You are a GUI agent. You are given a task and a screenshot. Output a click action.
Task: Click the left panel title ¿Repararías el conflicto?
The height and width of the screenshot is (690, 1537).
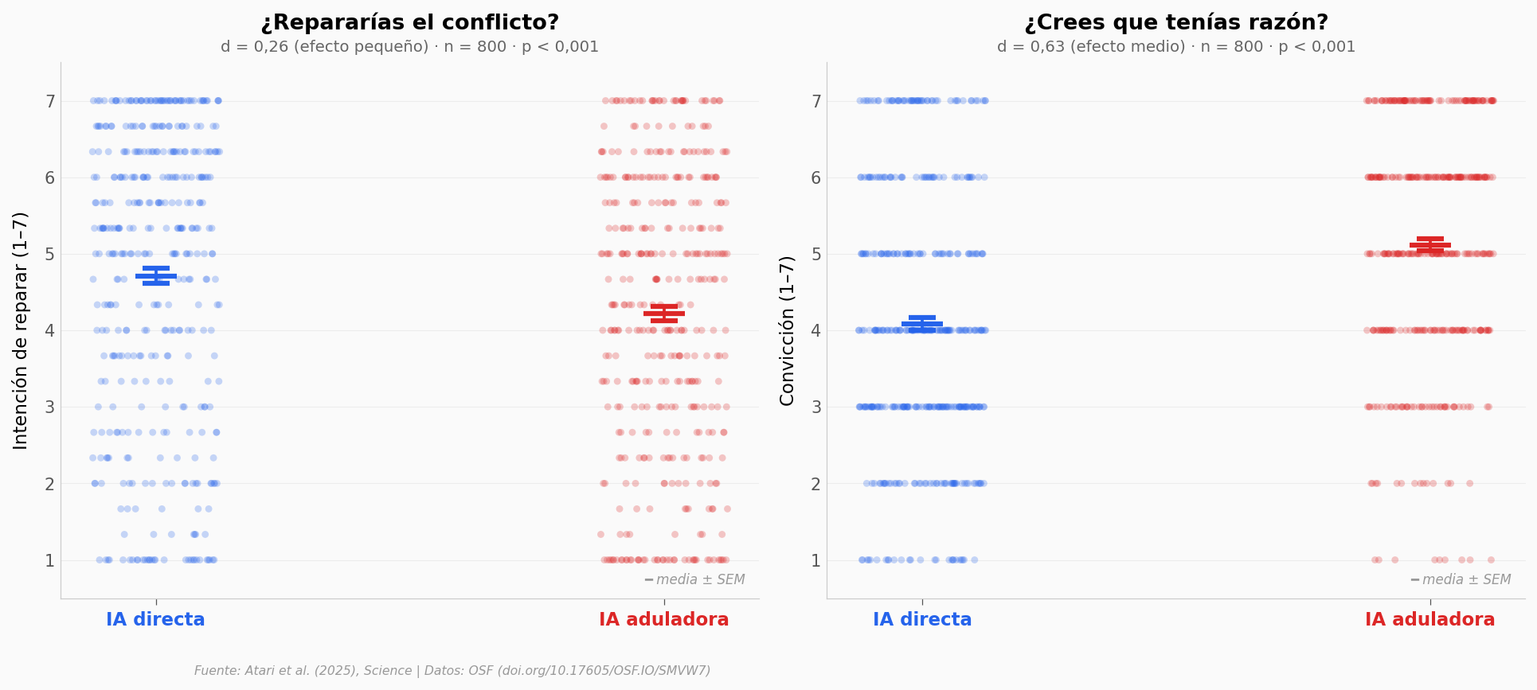tap(409, 23)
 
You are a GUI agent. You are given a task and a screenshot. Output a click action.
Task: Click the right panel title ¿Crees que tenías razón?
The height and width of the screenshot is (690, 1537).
tap(1175, 23)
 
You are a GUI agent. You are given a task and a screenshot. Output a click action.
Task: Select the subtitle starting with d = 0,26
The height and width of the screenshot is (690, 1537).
tap(409, 47)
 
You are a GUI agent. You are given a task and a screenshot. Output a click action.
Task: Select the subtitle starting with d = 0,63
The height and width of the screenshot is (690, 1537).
tap(1175, 47)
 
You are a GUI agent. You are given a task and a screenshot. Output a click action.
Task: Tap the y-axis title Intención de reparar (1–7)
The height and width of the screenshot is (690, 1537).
tap(22, 330)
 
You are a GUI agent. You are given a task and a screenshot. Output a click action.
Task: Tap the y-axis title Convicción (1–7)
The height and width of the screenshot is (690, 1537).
tap(788, 330)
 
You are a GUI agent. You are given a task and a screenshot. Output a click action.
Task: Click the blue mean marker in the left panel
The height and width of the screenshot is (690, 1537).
tap(156, 275)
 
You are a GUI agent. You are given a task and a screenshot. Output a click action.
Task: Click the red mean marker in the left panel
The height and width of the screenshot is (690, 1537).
tap(664, 313)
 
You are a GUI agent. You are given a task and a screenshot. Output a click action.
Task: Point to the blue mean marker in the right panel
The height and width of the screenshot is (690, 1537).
tap(922, 324)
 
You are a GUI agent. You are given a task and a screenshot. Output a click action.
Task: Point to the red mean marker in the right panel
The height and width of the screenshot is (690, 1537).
tap(1430, 244)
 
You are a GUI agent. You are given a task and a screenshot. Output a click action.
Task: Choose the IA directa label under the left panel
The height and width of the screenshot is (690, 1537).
tap(155, 620)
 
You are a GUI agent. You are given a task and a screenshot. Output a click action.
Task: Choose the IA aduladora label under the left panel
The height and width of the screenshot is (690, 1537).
tap(663, 620)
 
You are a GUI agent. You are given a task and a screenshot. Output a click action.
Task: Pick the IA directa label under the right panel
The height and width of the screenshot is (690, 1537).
tap(922, 620)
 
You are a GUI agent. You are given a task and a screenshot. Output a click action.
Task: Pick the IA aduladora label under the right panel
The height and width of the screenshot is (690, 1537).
tap(1429, 620)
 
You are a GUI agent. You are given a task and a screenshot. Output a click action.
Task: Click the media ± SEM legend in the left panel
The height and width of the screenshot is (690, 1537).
tap(695, 579)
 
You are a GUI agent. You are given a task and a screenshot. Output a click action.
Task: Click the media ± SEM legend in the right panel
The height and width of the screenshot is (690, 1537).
tap(1461, 579)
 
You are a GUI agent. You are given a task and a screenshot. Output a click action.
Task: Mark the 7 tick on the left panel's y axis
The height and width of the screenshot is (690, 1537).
tap(49, 101)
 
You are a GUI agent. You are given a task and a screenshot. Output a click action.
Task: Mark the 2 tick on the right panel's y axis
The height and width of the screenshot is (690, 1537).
tap(815, 484)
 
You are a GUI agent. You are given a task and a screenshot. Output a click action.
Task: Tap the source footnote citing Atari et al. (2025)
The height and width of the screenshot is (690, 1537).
tap(452, 671)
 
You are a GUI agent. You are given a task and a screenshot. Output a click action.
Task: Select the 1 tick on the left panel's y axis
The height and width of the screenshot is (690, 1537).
tap(49, 560)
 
